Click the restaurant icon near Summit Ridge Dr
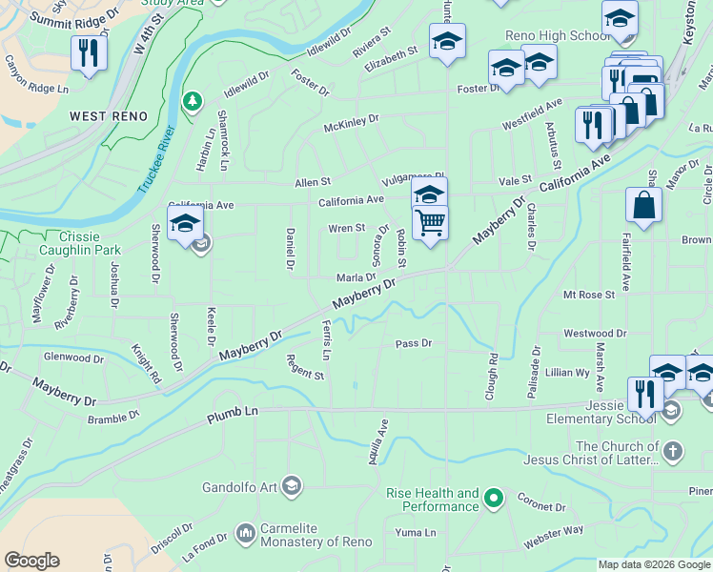(89, 53)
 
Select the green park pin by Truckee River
(193, 101)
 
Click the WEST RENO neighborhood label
(109, 116)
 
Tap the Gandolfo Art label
(239, 487)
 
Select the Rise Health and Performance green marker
(493, 497)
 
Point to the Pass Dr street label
(414, 342)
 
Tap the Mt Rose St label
(588, 296)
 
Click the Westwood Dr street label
(595, 334)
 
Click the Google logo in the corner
(31, 561)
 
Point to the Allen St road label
(313, 181)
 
